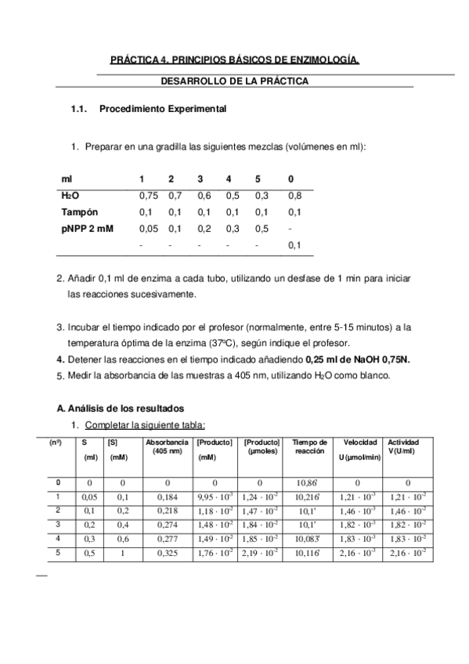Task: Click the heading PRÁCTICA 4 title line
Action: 234,60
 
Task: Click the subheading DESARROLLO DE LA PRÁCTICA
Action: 234,81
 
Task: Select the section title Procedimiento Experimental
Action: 163,109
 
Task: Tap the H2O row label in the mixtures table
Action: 70,196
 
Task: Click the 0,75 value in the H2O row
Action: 148,196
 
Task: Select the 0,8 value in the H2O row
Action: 294,196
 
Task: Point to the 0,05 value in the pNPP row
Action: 148,229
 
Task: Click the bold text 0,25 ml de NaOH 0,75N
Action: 358,359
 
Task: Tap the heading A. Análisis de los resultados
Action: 121,408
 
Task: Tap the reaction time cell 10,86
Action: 308,482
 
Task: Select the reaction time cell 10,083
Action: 308,539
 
